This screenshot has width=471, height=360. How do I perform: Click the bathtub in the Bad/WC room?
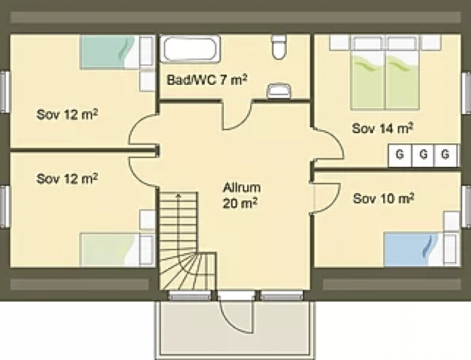coord(190,49)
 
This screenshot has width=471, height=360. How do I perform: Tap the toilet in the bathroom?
coord(278,47)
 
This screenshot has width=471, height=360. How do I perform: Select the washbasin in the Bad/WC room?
coord(279,91)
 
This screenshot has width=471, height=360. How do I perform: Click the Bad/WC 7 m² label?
coord(207,80)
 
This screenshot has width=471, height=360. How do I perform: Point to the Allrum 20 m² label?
coord(241,196)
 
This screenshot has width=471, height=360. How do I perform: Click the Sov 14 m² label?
coord(383,128)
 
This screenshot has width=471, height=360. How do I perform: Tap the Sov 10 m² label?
coord(384,199)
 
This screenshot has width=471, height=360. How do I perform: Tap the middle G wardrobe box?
coord(423,155)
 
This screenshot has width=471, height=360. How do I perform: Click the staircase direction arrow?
coord(178,223)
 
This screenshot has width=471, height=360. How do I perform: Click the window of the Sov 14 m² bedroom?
coord(466,93)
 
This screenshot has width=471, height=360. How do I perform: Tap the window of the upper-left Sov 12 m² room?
coord(5,91)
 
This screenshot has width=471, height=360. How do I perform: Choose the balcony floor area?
coord(235,329)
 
